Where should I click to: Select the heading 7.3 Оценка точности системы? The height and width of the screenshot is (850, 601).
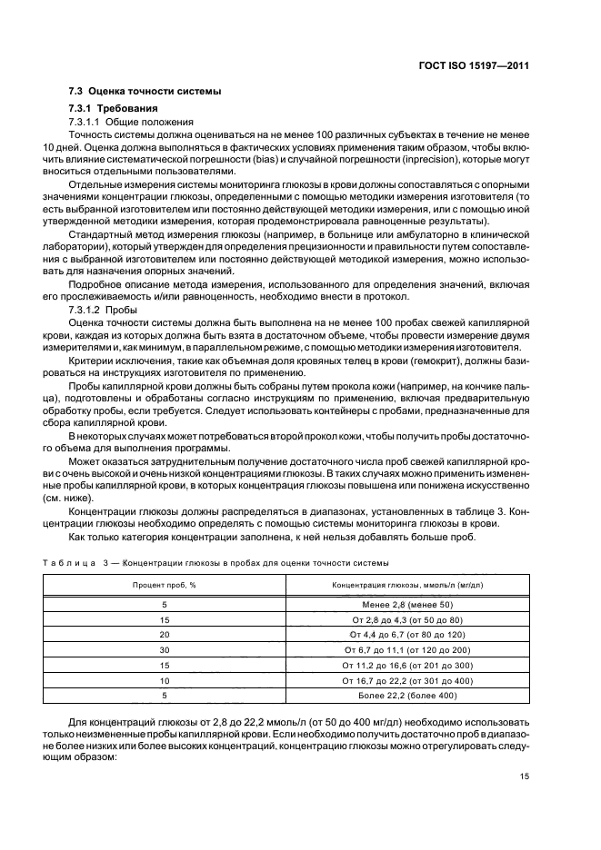pos(145,94)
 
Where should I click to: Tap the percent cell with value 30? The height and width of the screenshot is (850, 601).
pos(165,650)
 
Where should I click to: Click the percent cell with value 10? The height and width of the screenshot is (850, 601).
pos(165,680)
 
